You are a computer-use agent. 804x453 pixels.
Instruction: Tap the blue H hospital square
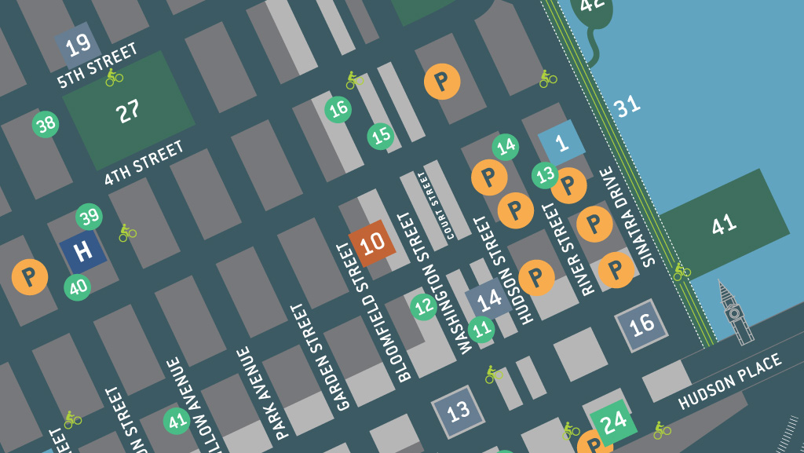click(82, 251)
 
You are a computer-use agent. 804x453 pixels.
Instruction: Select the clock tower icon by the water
click(734, 313)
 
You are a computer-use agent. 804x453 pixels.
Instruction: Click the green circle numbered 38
click(46, 123)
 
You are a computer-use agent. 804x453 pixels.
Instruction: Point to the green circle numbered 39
click(89, 217)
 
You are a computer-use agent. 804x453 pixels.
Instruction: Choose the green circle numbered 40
click(78, 287)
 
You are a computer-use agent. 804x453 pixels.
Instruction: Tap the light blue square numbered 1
click(561, 144)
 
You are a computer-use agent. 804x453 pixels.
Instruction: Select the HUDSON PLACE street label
click(730, 382)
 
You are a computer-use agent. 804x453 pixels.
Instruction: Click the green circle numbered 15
click(381, 136)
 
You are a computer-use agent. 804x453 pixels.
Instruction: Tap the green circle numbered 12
click(424, 306)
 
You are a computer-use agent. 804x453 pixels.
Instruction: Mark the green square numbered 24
click(613, 422)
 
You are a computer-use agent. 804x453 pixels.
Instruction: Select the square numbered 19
click(78, 46)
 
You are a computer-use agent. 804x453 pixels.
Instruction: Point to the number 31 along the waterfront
click(627, 107)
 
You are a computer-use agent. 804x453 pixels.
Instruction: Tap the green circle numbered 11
click(481, 329)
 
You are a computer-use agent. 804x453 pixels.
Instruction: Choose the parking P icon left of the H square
click(30, 276)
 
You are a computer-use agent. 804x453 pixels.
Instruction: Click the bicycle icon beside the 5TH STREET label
click(115, 77)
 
